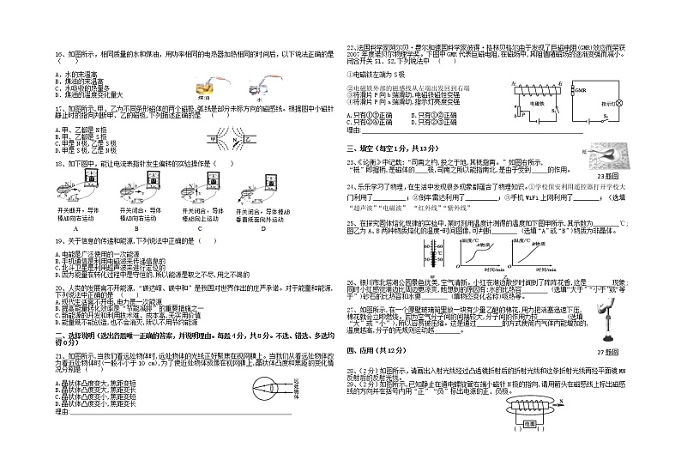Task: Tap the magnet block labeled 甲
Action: (x=213, y=138)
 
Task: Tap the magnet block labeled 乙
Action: (x=249, y=138)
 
